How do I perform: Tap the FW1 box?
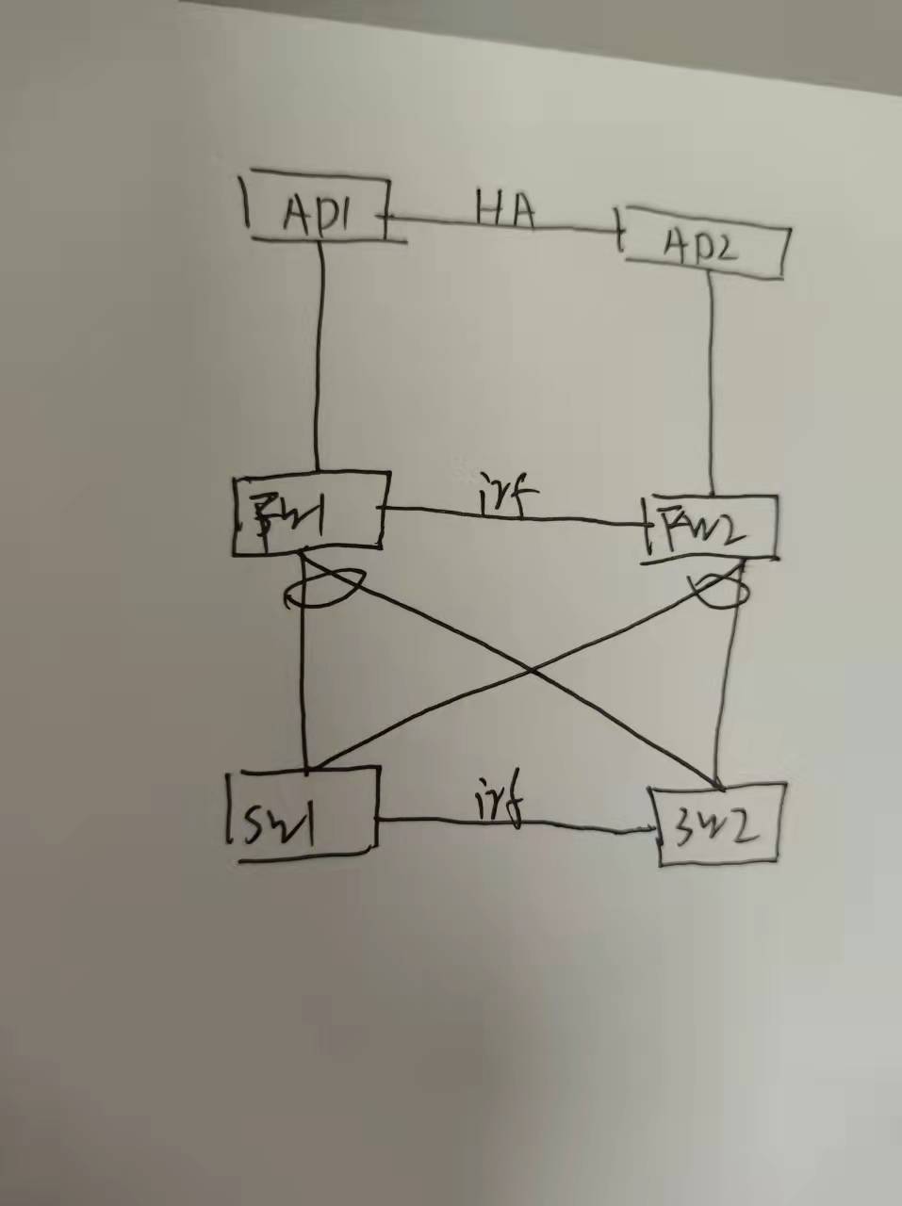click(309, 512)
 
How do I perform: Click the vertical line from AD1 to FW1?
click(320, 358)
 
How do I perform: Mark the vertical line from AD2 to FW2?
click(709, 386)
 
